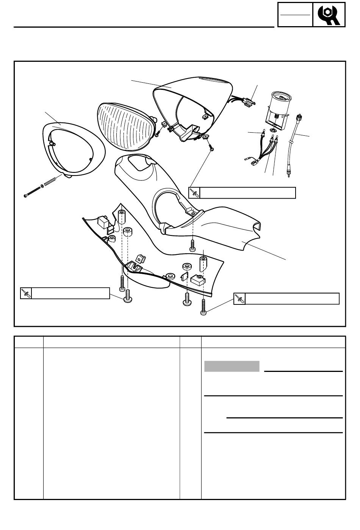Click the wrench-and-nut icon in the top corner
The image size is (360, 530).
(329, 15)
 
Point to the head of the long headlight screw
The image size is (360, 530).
(26, 196)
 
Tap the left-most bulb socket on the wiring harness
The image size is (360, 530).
(262, 133)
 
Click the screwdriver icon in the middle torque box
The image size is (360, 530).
(194, 193)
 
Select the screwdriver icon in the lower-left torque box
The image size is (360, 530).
(26, 293)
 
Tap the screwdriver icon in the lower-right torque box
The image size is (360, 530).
(239, 299)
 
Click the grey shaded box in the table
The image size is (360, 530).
(232, 367)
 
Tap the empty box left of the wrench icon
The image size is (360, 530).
(295, 15)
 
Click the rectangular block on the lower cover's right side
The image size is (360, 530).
(199, 280)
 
